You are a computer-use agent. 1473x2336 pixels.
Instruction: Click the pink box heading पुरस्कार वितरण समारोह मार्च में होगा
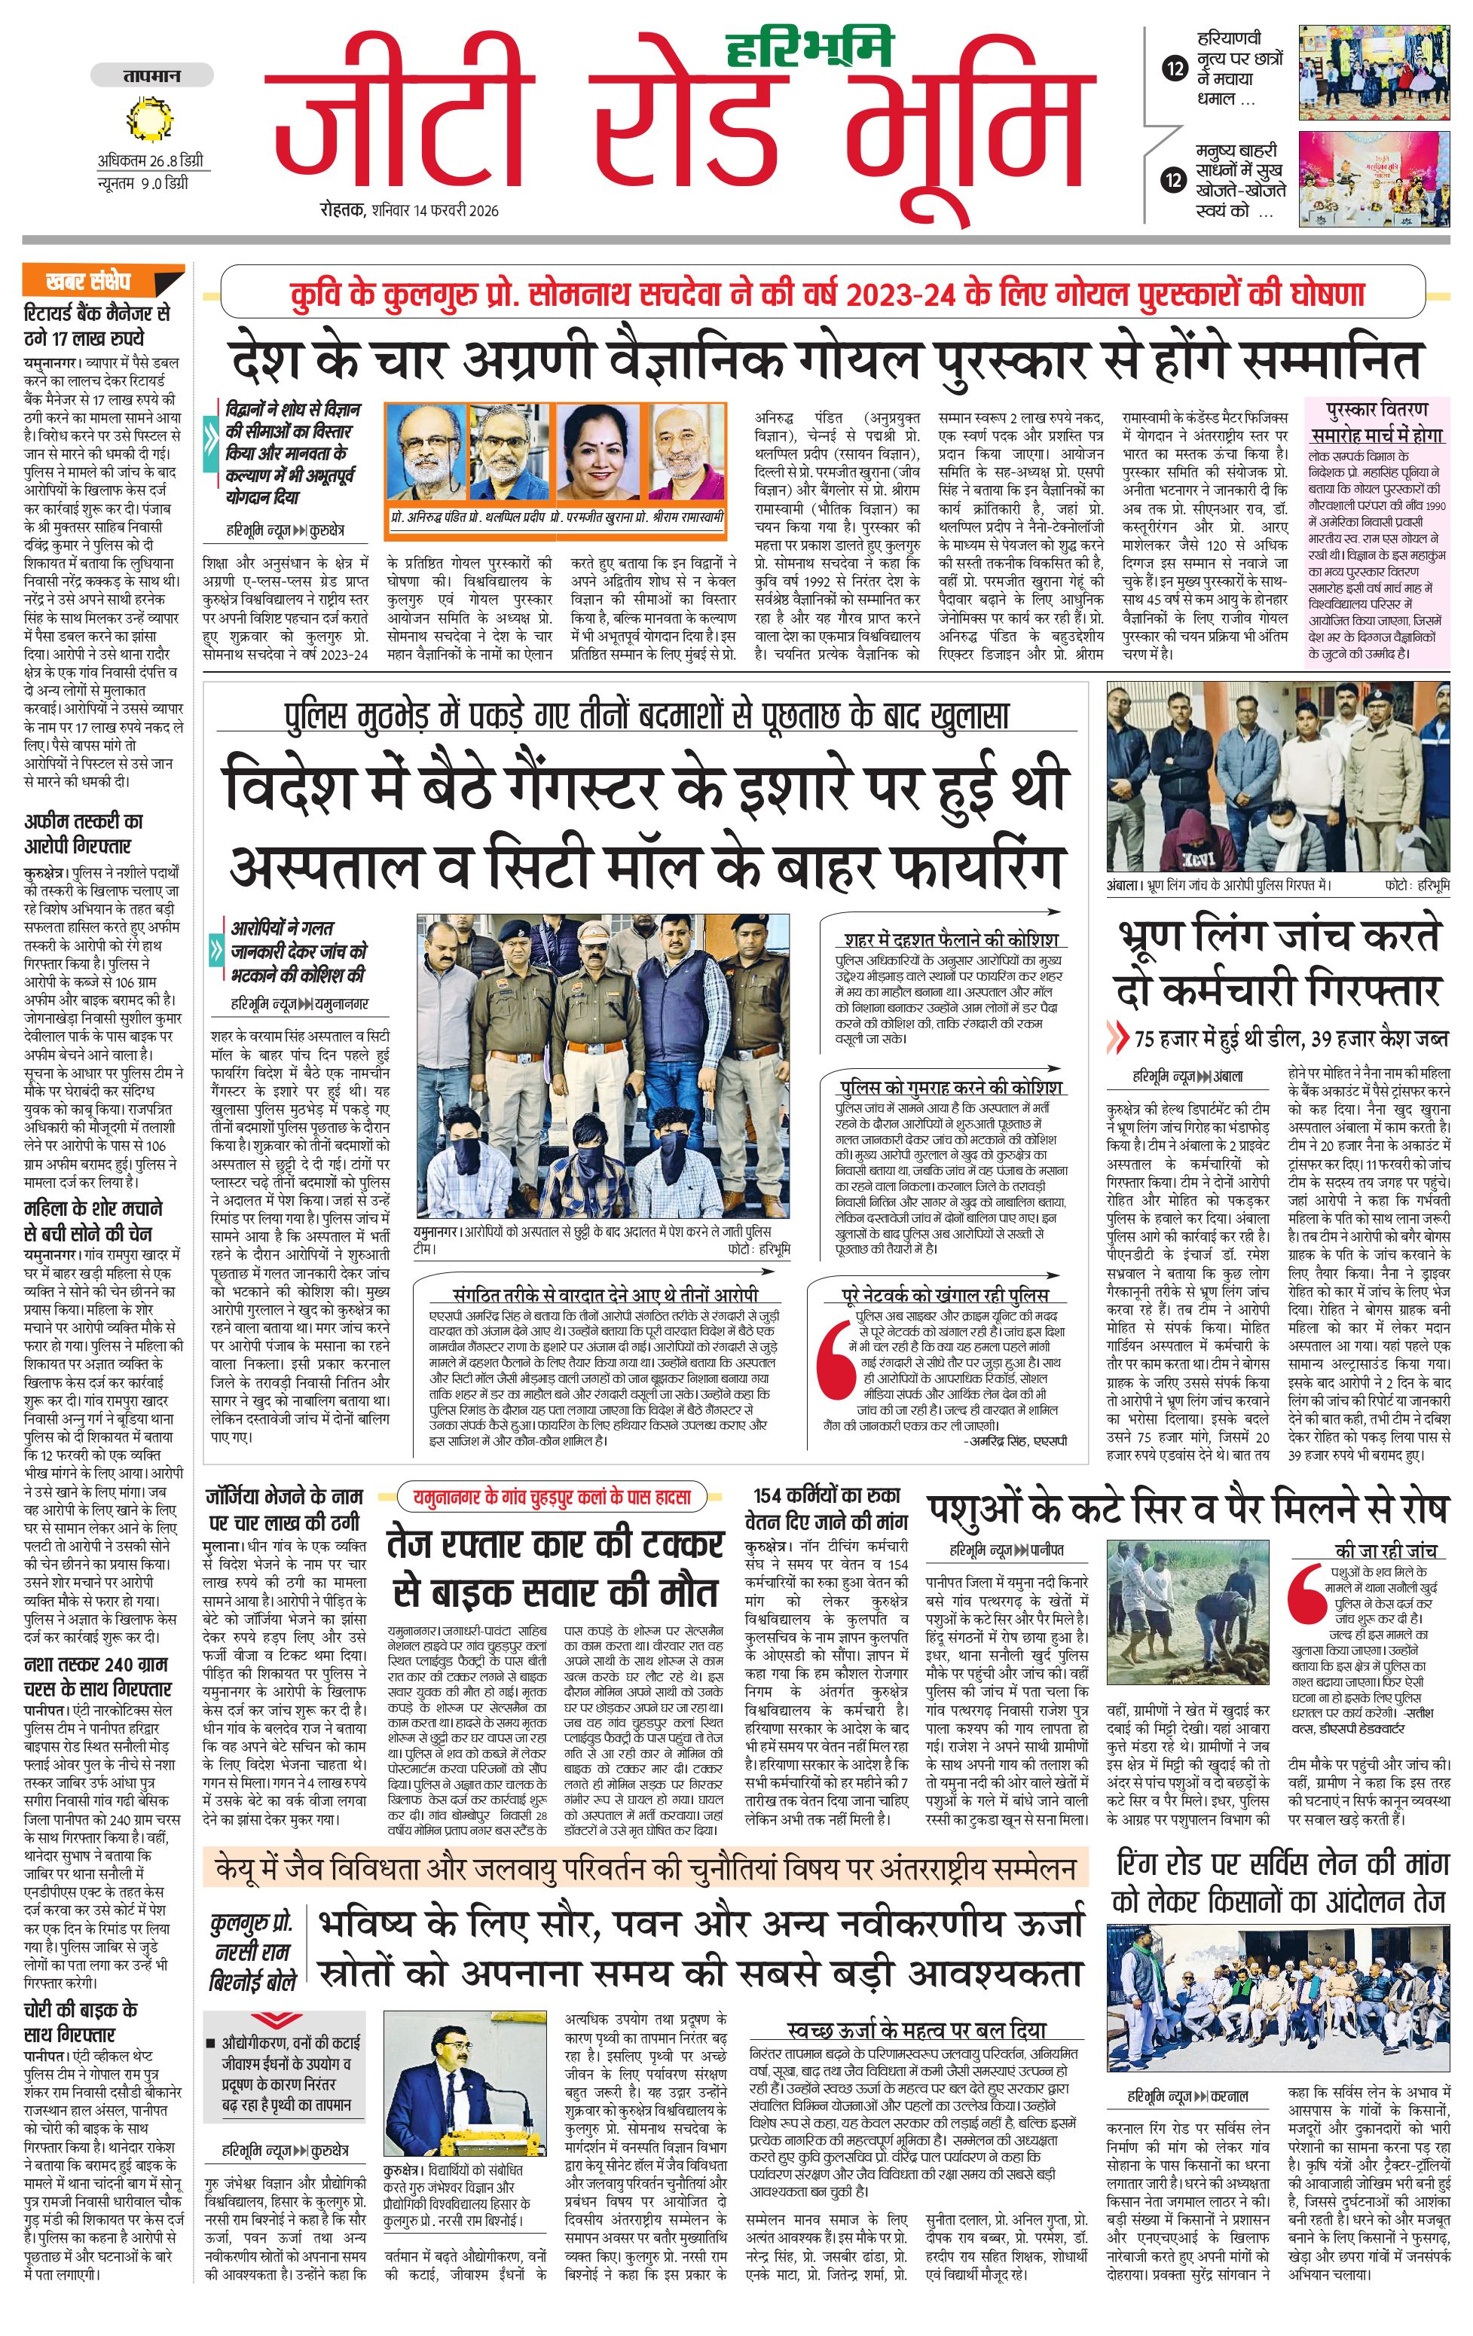1376,421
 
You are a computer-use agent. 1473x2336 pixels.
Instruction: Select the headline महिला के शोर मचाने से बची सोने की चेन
93,1220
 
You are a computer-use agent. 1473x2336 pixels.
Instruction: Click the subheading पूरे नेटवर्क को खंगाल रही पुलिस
945,1295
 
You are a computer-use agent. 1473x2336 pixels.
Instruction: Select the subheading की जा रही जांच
1386,1550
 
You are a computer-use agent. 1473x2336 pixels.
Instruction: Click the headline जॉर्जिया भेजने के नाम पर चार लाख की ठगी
283,1509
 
